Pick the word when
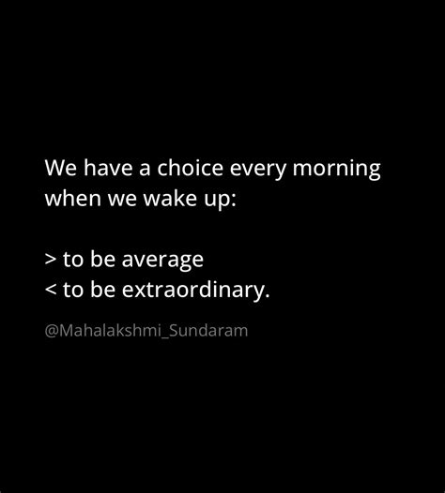[x=69, y=201]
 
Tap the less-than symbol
[x=50, y=290]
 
